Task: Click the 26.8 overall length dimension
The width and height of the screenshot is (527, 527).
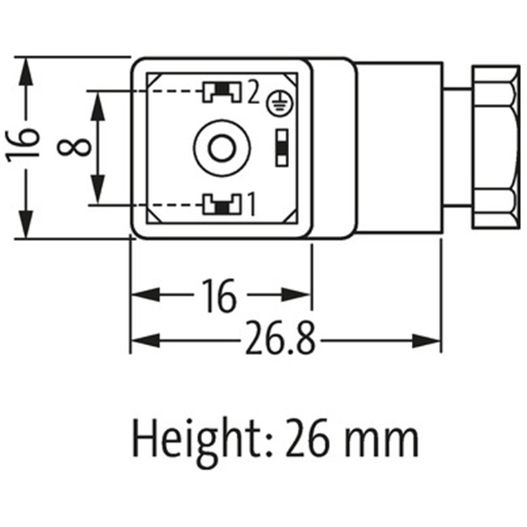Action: (x=281, y=338)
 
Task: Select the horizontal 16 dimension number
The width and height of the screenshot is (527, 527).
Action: (x=219, y=295)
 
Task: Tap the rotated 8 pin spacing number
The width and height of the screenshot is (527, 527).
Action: (x=74, y=148)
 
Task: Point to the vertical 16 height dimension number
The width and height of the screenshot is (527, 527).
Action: (x=23, y=145)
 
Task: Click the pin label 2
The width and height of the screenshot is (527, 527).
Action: (x=254, y=92)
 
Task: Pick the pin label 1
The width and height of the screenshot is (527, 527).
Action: (x=252, y=204)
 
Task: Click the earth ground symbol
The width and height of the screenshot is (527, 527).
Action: (x=279, y=103)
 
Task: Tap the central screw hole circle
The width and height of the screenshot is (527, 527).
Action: (x=222, y=148)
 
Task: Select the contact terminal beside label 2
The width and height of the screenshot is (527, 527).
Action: (x=221, y=92)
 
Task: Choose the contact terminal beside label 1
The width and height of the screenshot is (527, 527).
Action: (x=221, y=204)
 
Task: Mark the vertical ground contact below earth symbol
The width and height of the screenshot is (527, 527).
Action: (x=282, y=148)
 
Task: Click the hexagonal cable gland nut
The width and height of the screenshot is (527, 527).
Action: (x=496, y=147)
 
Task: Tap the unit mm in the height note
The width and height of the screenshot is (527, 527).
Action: (x=382, y=443)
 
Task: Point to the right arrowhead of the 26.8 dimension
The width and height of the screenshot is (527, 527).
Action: (x=426, y=341)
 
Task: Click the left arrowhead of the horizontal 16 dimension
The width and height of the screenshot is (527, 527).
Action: (x=145, y=294)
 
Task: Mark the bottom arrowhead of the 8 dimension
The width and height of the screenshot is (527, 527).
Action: (x=97, y=190)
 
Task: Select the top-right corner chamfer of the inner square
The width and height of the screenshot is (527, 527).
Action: (x=291, y=78)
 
